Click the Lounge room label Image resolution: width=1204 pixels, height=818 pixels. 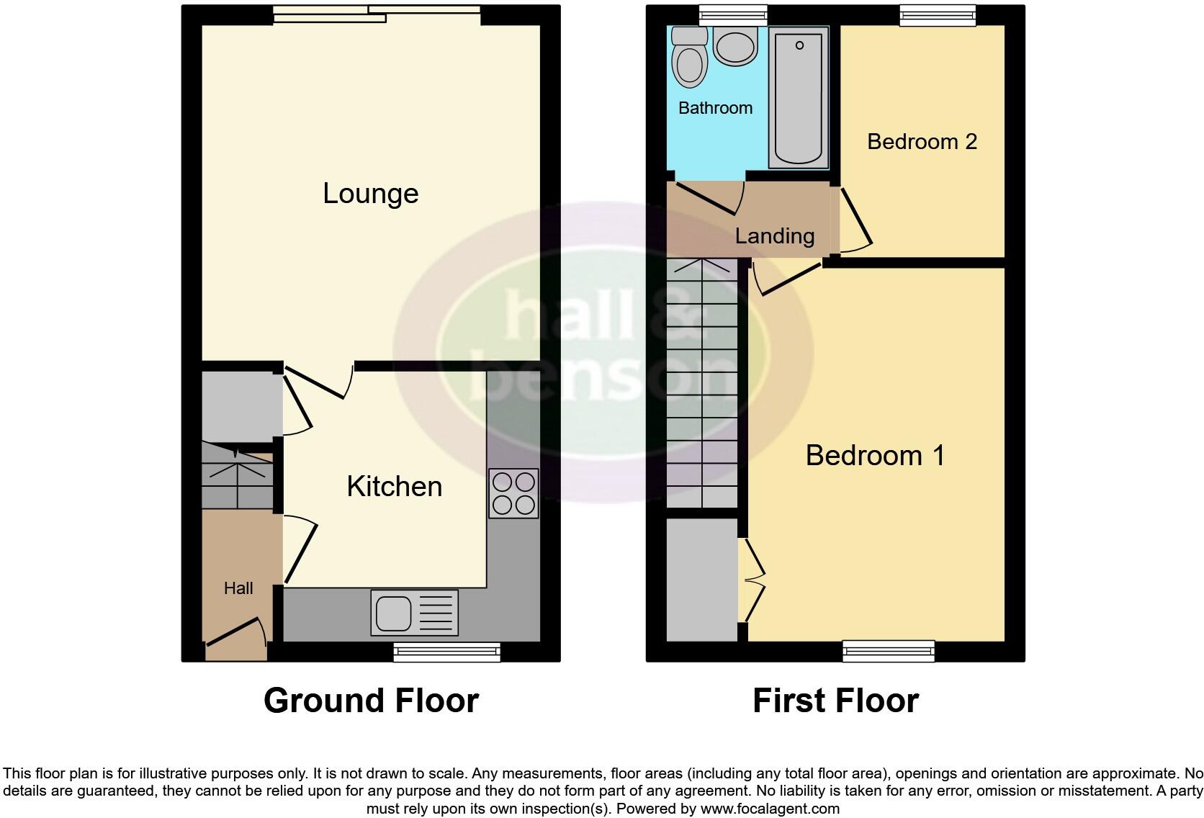(370, 194)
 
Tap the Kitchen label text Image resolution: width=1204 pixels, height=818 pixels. (394, 487)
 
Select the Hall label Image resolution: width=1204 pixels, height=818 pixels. (238, 588)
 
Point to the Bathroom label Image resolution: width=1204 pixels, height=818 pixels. (715, 108)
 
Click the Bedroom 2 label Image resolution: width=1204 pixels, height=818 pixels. (922, 142)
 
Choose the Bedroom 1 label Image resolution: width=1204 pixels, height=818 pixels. (875, 455)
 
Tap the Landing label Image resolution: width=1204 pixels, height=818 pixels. (774, 235)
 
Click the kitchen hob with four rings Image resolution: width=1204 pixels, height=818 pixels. (513, 493)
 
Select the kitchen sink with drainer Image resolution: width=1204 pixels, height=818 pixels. (414, 612)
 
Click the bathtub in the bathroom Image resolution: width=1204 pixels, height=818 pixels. (798, 96)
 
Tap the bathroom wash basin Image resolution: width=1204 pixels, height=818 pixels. (735, 45)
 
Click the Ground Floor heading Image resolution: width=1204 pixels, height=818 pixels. (371, 701)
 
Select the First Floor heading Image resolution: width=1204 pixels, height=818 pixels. (835, 701)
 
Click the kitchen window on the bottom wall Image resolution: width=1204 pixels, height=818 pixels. (446, 652)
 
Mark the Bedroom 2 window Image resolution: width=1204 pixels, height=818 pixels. (938, 15)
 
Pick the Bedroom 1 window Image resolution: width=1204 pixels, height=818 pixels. (889, 652)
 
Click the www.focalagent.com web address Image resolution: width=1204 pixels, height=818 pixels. (770, 809)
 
